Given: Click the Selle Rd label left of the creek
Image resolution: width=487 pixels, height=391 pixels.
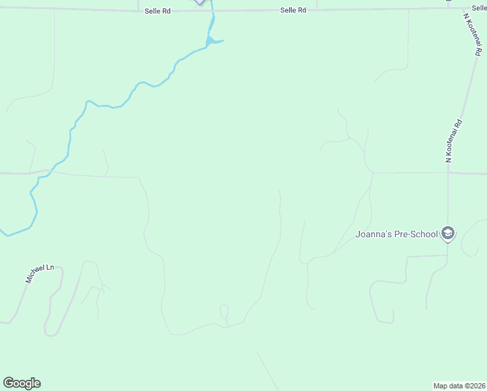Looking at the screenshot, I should [x=158, y=11].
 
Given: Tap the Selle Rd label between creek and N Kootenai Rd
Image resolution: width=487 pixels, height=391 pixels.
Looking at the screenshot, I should [x=293, y=10].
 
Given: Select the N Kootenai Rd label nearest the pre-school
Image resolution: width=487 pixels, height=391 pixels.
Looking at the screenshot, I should [x=453, y=141].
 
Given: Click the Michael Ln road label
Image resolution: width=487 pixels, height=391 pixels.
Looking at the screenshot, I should [x=38, y=273].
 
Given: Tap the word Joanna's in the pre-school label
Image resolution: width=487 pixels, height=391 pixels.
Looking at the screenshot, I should [x=373, y=234].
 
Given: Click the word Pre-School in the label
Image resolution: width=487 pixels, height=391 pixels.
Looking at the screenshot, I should [x=415, y=234].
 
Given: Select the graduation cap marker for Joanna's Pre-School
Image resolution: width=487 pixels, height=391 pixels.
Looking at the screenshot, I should [x=447, y=233].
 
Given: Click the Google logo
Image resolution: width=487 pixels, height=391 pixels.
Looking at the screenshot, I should [x=21, y=383].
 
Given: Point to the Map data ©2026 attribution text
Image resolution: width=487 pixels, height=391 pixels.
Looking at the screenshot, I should [x=459, y=385].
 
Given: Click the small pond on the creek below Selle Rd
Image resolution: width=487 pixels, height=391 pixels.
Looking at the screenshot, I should [x=212, y=42].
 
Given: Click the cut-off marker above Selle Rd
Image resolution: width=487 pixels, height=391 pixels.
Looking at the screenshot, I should [x=199, y=2].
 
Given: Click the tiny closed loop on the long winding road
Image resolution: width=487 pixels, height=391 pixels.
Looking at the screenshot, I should [x=224, y=311].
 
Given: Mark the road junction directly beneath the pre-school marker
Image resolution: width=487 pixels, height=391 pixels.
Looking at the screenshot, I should [x=447, y=255].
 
